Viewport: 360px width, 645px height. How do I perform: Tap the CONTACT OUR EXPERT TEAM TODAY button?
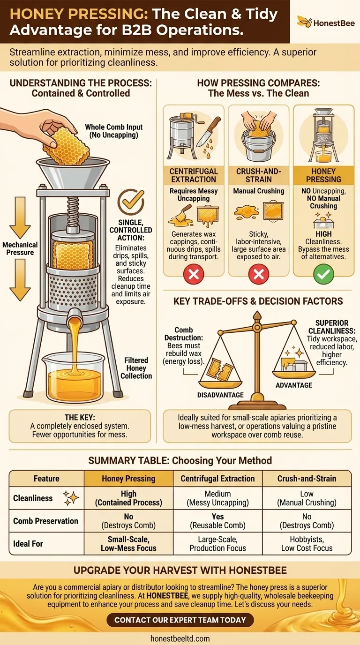(x=180, y=620)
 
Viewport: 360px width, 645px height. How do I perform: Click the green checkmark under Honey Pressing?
(x=323, y=274)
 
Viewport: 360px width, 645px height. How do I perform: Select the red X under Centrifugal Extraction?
(x=193, y=274)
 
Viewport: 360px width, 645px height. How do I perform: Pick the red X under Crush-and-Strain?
(x=258, y=274)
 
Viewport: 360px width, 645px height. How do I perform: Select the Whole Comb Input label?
(x=114, y=131)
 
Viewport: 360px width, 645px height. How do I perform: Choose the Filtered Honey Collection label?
(x=136, y=368)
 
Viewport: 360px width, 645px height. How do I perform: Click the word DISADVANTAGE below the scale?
(x=220, y=395)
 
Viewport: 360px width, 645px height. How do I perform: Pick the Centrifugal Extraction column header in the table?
(x=217, y=479)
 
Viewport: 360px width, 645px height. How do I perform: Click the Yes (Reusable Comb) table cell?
(x=217, y=521)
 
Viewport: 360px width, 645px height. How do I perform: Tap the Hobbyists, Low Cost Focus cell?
(x=307, y=544)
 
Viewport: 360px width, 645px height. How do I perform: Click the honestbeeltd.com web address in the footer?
(x=180, y=638)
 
